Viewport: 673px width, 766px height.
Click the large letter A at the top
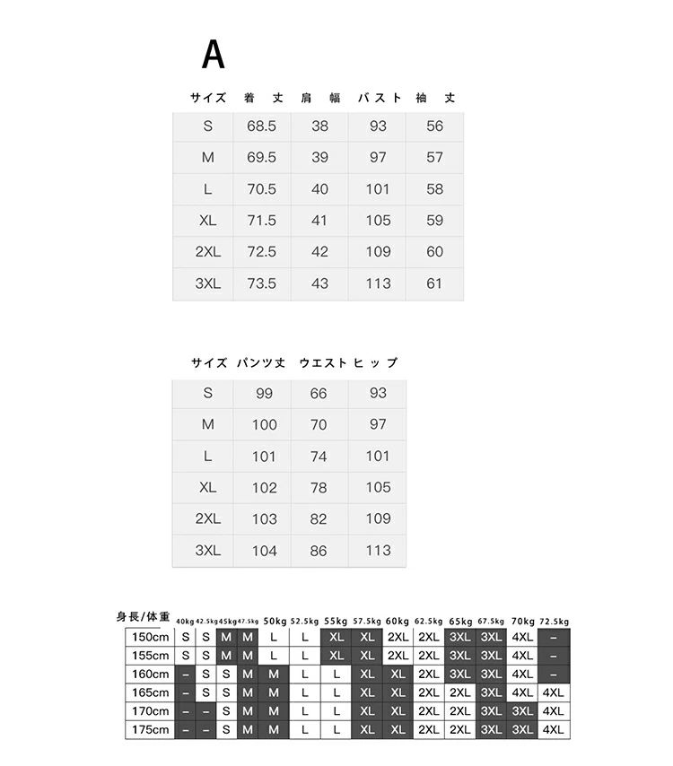[x=213, y=55]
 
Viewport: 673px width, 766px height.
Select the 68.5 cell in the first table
[x=261, y=126]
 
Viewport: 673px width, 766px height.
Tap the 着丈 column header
[x=262, y=98]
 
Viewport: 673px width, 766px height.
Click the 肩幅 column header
[x=320, y=98]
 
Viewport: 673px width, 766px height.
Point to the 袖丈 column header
[x=435, y=98]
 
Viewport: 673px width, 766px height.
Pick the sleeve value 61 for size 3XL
[x=435, y=283]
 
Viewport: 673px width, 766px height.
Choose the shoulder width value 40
[x=320, y=189]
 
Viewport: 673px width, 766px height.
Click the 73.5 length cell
[x=261, y=283]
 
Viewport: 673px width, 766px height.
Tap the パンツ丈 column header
[x=261, y=363]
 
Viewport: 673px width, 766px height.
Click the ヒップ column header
[x=376, y=363]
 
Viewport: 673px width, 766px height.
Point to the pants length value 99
[x=264, y=394]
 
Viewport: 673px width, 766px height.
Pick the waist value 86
[x=319, y=551]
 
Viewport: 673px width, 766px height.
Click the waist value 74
[x=319, y=457]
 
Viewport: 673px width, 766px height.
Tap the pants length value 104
[x=264, y=551]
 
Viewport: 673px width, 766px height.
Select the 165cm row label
[x=151, y=692]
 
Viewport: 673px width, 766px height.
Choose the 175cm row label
[x=151, y=730]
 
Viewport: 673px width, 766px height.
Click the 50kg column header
[x=275, y=621]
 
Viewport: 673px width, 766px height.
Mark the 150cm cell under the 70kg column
[x=522, y=637]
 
